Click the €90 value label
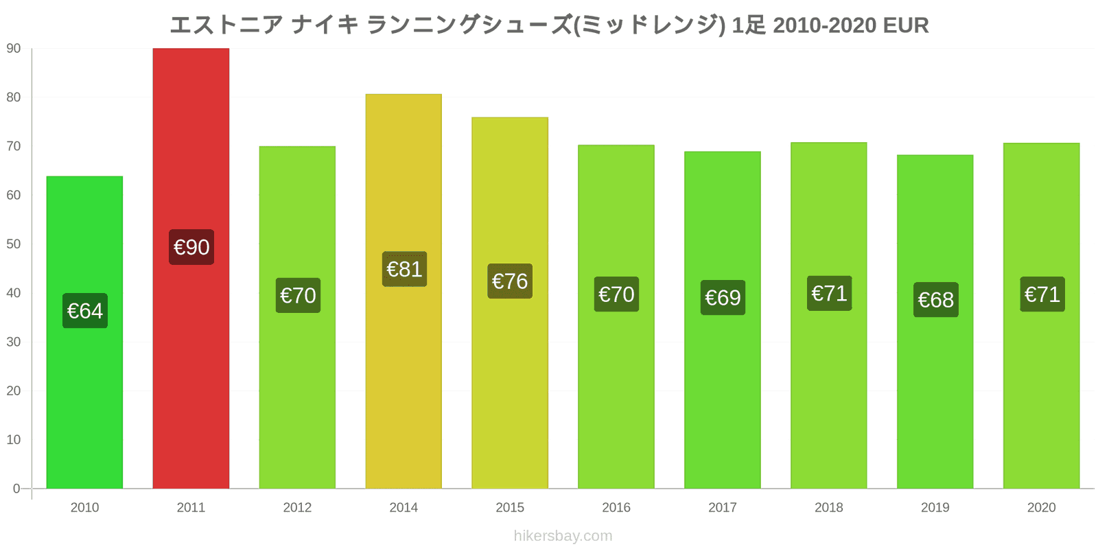(191, 247)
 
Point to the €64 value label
(85, 311)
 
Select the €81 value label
(404, 269)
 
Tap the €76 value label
(510, 281)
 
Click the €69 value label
(723, 298)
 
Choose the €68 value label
(935, 300)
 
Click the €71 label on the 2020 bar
(1042, 294)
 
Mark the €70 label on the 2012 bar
(298, 296)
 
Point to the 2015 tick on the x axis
(510, 508)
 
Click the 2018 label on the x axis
(829, 508)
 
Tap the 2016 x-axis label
(616, 508)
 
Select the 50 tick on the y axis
(14, 244)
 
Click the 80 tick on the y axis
(14, 97)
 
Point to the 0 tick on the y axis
(16, 489)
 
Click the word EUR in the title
(905, 25)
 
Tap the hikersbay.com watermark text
(563, 536)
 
